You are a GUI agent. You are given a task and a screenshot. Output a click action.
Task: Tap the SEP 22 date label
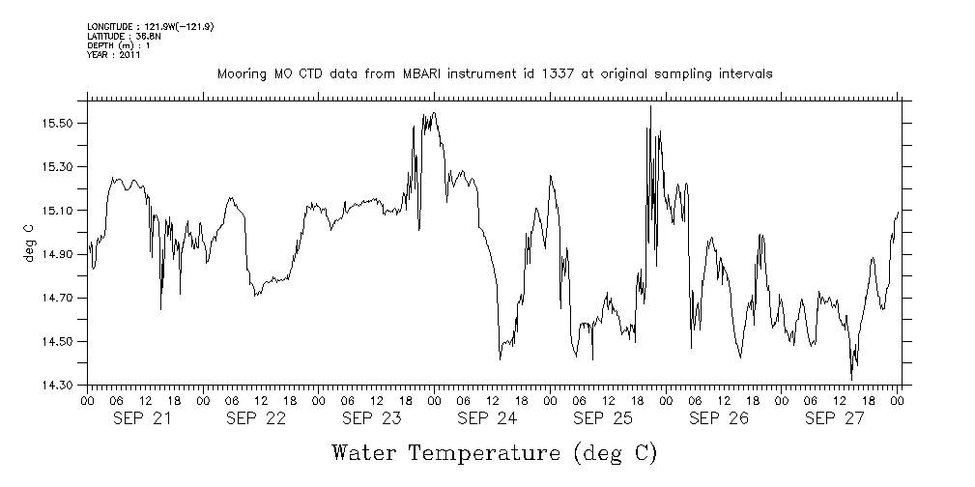(256, 418)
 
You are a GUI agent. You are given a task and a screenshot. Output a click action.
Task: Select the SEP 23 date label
(371, 418)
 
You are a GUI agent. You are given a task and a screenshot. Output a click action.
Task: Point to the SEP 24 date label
(487, 418)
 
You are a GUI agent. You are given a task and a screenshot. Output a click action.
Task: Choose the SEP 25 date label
(603, 418)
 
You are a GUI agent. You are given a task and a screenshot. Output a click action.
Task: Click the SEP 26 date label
(718, 418)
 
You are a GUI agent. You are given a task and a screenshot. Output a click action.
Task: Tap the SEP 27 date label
(833, 418)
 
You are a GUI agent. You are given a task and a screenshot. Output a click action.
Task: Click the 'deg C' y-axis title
(29, 243)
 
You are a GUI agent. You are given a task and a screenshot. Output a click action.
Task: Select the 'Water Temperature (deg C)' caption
(495, 452)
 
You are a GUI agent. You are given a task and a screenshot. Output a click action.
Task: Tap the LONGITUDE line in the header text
(150, 27)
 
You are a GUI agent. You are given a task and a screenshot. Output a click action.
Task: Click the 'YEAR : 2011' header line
(114, 56)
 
